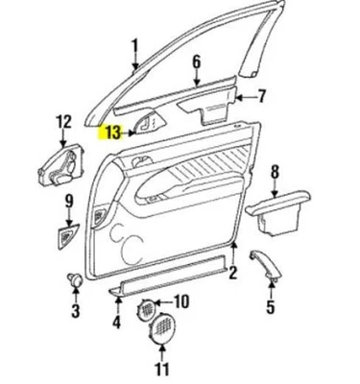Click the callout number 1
pyautogui.click(x=135, y=44)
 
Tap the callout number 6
pyautogui.click(x=197, y=63)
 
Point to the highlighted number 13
pyautogui.click(x=112, y=132)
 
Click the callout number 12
pyautogui.click(x=64, y=121)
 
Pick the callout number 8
pyautogui.click(x=276, y=172)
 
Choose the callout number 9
pyautogui.click(x=69, y=200)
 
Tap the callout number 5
pyautogui.click(x=271, y=307)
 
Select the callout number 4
pyautogui.click(x=116, y=323)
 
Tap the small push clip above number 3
pyautogui.click(x=74, y=279)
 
